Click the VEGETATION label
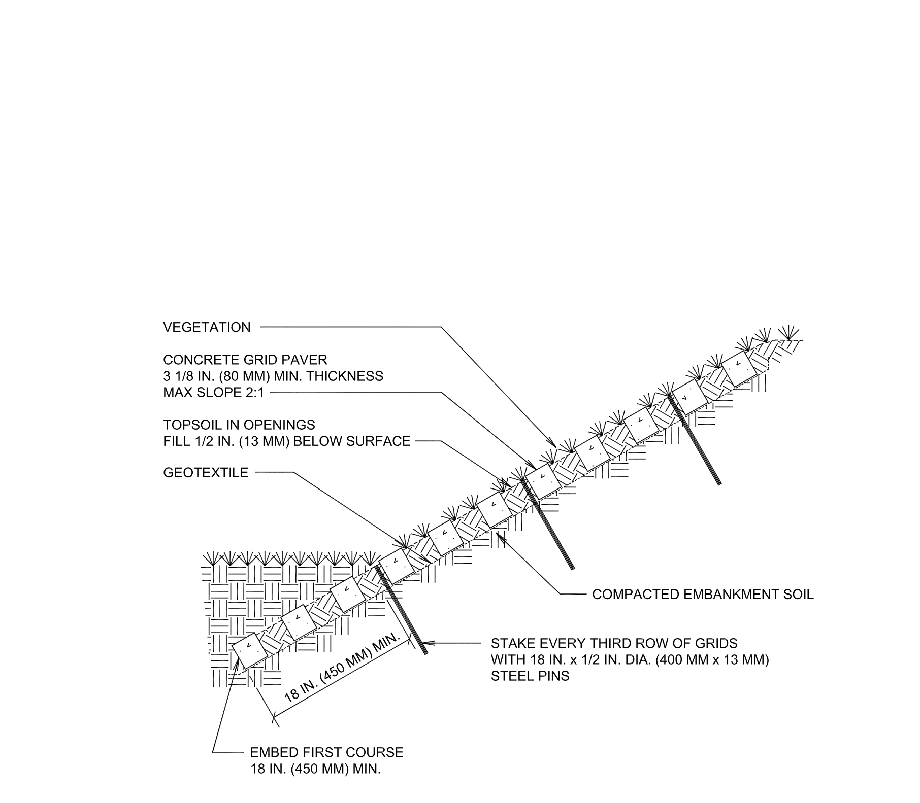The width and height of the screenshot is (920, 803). (x=207, y=328)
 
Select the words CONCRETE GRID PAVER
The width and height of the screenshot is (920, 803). (x=245, y=360)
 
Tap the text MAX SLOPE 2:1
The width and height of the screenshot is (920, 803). (x=214, y=393)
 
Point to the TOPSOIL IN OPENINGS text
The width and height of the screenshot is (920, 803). (x=239, y=425)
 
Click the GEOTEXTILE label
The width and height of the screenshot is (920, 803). (x=206, y=473)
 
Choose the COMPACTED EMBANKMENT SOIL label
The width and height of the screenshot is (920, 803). (x=703, y=595)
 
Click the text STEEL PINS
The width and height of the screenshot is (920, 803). (x=530, y=676)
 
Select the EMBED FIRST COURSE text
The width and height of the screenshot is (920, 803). (x=326, y=752)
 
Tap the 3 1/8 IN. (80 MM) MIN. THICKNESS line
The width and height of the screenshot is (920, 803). (x=273, y=376)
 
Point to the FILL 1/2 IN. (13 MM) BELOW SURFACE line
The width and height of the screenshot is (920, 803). (x=286, y=441)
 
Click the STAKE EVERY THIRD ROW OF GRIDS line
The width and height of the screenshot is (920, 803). (x=614, y=644)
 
